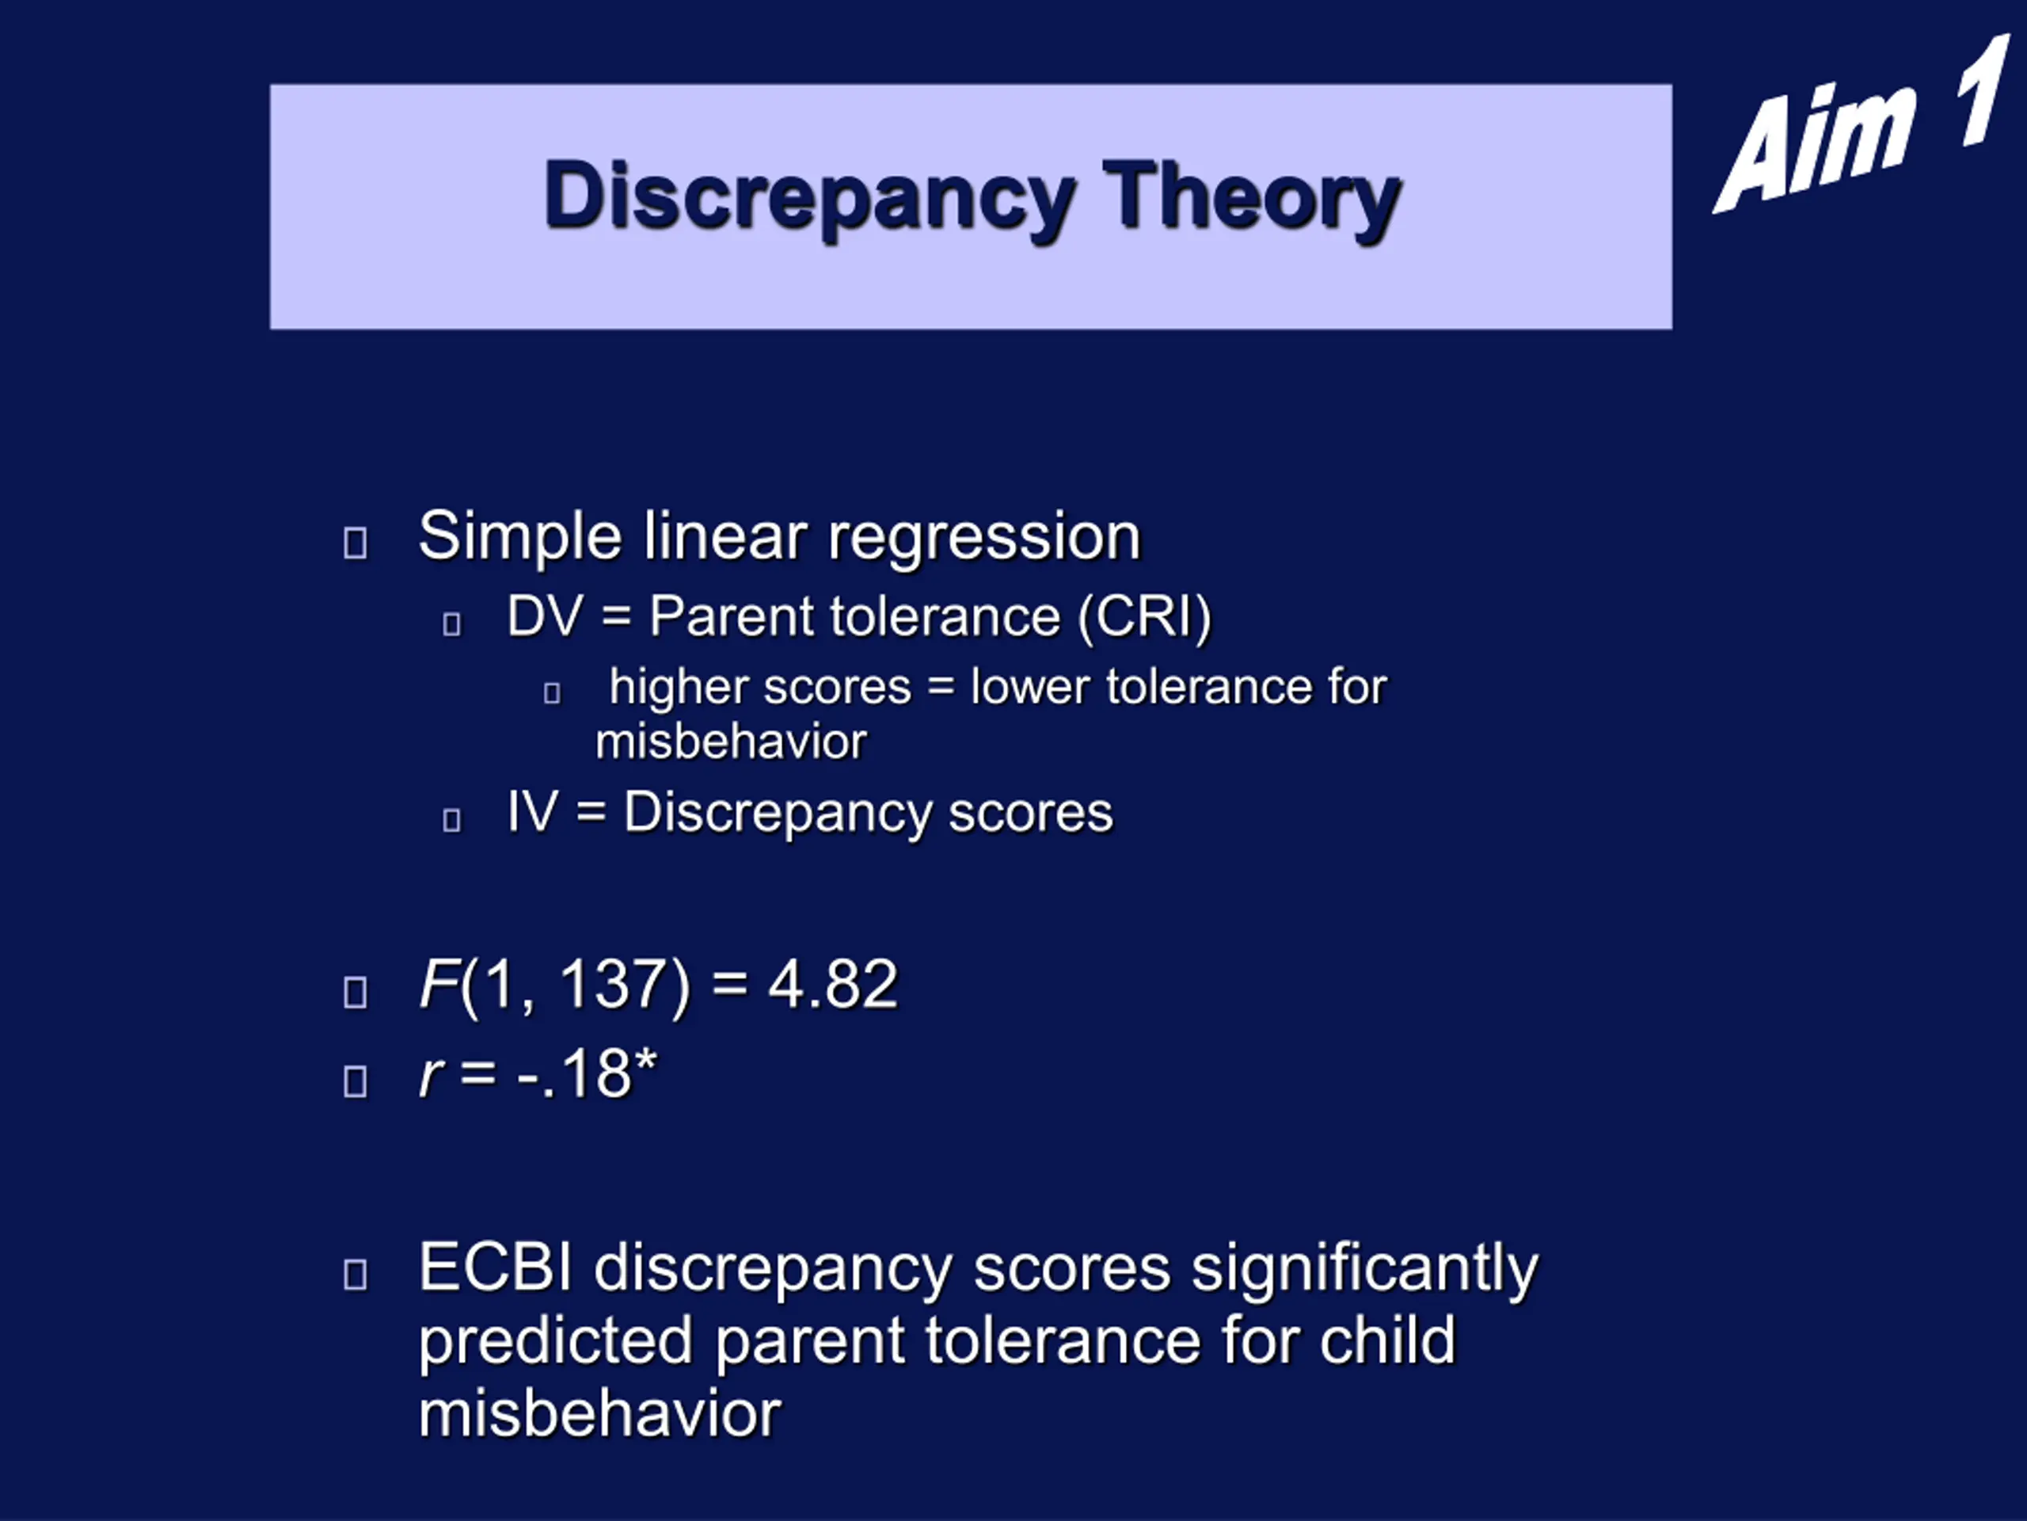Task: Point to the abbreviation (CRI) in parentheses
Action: tap(1144, 617)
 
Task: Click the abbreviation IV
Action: tap(532, 812)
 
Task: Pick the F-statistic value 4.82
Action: tap(832, 985)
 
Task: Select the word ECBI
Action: tap(496, 1268)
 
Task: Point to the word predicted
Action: tap(555, 1341)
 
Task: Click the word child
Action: tap(1387, 1340)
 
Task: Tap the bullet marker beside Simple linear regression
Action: tap(356, 542)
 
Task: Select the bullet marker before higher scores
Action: tap(552, 692)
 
